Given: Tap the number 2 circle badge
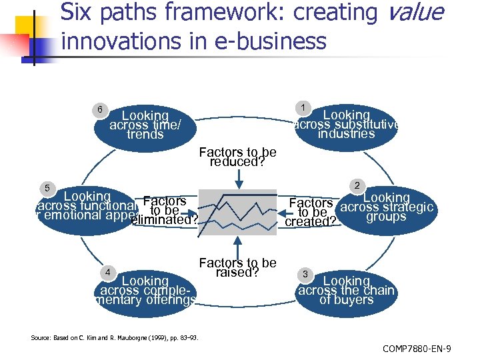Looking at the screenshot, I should [x=357, y=185].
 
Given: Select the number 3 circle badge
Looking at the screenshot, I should [x=304, y=275].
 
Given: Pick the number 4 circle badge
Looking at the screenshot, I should [x=106, y=272].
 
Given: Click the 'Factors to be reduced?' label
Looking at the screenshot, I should [x=237, y=157].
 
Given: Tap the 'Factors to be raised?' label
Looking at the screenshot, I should [x=237, y=267].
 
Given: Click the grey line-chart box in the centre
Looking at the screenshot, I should [x=237, y=212].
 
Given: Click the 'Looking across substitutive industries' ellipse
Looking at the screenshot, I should [x=347, y=125].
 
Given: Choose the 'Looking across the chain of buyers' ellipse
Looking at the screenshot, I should [x=347, y=291].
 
